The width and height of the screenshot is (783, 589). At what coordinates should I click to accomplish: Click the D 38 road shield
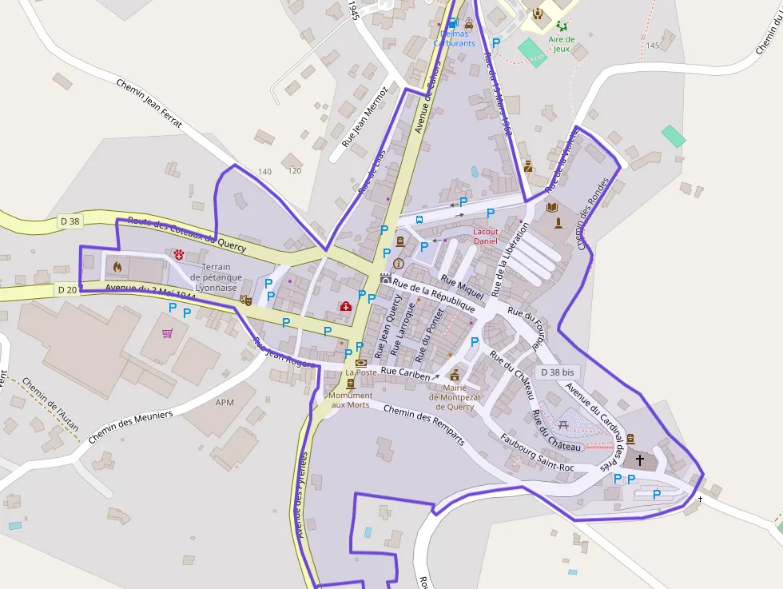pyautogui.click(x=70, y=221)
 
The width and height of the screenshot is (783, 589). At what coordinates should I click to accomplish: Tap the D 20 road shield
pyautogui.click(x=68, y=290)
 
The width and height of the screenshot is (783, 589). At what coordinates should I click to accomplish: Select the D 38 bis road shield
pyautogui.click(x=557, y=372)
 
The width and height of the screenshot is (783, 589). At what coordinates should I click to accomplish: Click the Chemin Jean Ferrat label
pyautogui.click(x=149, y=104)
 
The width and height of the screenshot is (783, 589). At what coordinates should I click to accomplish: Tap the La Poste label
pyautogui.click(x=360, y=372)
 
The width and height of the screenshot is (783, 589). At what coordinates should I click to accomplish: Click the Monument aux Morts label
pyautogui.click(x=351, y=400)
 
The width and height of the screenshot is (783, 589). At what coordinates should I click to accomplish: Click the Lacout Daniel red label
pyautogui.click(x=485, y=236)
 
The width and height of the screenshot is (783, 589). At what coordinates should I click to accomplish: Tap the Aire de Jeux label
pyautogui.click(x=562, y=43)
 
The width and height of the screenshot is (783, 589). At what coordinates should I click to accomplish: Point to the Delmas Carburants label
pyautogui.click(x=454, y=38)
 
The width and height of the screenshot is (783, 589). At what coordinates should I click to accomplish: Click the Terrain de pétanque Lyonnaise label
pyautogui.click(x=217, y=277)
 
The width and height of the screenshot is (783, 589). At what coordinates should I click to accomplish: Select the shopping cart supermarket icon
pyautogui.click(x=168, y=333)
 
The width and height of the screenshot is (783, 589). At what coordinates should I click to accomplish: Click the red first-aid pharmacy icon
pyautogui.click(x=346, y=307)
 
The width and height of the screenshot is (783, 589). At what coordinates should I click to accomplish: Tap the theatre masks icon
pyautogui.click(x=246, y=300)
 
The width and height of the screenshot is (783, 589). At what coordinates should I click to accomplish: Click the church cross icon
pyautogui.click(x=639, y=460)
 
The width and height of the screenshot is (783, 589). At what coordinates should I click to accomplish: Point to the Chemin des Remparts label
pyautogui.click(x=423, y=424)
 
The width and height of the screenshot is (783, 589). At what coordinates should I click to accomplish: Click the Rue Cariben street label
pyautogui.click(x=405, y=373)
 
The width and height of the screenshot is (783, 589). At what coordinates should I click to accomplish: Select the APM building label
pyautogui.click(x=225, y=402)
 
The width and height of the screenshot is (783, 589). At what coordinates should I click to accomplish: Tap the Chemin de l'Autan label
pyautogui.click(x=50, y=405)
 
